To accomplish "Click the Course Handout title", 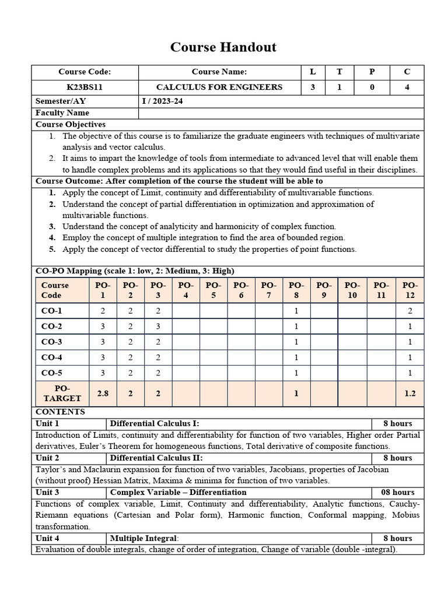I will point(223,47).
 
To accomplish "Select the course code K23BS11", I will point(84,87).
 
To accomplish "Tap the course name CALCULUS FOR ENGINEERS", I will point(219,87).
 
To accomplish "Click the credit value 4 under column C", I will point(407,87).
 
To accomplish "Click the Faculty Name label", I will point(62,113).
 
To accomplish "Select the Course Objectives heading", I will point(71,124).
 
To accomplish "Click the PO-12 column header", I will point(409,290).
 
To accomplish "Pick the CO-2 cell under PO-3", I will point(158,326).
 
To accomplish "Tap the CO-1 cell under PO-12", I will point(409,311).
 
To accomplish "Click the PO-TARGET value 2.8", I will point(103,394).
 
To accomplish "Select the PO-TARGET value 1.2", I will point(409,394).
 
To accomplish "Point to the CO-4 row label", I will point(52,357).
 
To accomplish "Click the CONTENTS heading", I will point(60,412).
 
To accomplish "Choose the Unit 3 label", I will point(48,492).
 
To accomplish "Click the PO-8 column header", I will point(296,290).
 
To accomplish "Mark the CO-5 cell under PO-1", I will point(103,373).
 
